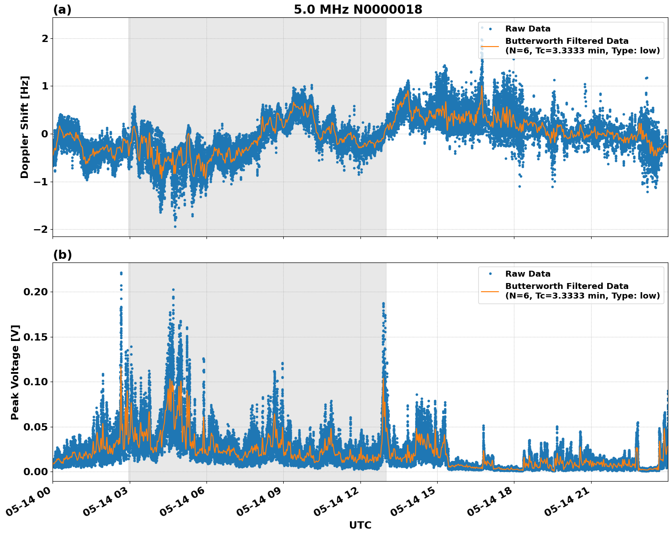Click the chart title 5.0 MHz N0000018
coord(358,9)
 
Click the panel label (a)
coord(62,10)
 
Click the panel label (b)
coord(62,255)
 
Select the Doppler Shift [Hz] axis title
coord(25,127)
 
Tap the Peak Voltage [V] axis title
coord(15,372)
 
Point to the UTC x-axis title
coord(360,525)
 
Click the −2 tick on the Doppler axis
coord(41,229)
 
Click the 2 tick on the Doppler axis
coord(45,38)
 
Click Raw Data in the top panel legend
coord(528,29)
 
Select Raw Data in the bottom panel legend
coord(528,274)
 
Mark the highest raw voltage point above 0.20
coord(121,273)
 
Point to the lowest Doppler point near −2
coord(175,226)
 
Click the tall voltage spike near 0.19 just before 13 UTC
coord(383,304)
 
